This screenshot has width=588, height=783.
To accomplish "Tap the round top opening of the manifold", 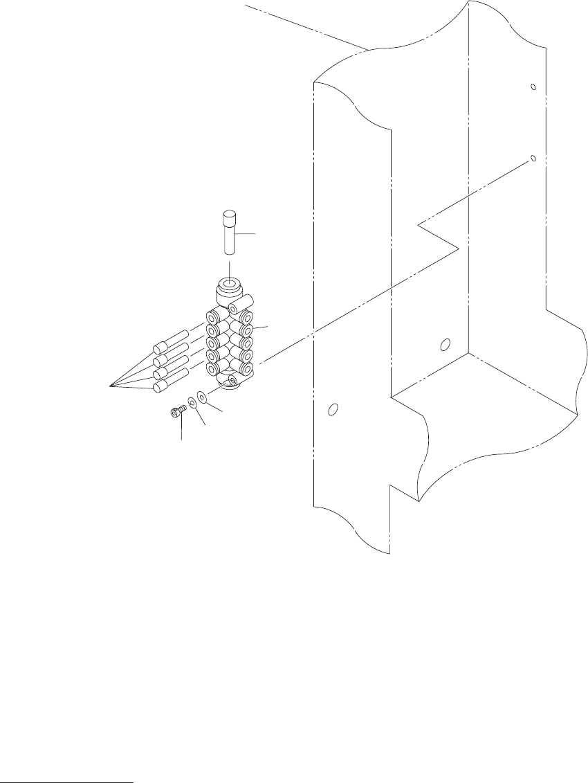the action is pos(230,285).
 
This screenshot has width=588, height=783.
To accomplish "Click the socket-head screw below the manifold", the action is pos(177,413).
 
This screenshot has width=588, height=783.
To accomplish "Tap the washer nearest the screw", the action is pos(192,403).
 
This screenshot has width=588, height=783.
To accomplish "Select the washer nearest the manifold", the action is pos(202,397).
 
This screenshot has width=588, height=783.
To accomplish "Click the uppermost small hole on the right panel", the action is pos(533,87).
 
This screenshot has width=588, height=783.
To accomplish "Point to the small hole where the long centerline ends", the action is pos(533,158).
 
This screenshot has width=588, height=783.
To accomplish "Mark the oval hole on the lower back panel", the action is pos(445,343).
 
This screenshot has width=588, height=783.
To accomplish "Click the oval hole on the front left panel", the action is pos(333,410).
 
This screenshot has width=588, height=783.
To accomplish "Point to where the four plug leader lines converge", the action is pos(111,384).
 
